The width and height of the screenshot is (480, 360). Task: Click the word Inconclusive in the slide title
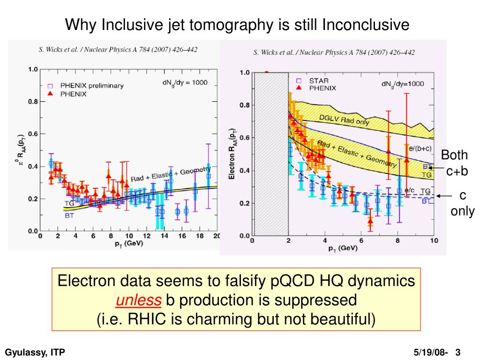(x=366, y=24)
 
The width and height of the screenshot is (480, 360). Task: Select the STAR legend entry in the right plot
(x=319, y=81)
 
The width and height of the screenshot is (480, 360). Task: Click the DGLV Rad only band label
(x=345, y=120)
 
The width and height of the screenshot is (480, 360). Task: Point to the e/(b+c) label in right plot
(x=420, y=149)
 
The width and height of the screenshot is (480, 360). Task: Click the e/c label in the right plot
(x=409, y=190)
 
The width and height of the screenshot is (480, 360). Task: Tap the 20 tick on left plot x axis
(x=217, y=236)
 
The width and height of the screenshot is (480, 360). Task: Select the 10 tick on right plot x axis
(x=434, y=241)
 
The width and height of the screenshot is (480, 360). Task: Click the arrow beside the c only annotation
(x=443, y=196)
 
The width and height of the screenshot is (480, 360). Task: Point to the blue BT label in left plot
(x=69, y=216)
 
